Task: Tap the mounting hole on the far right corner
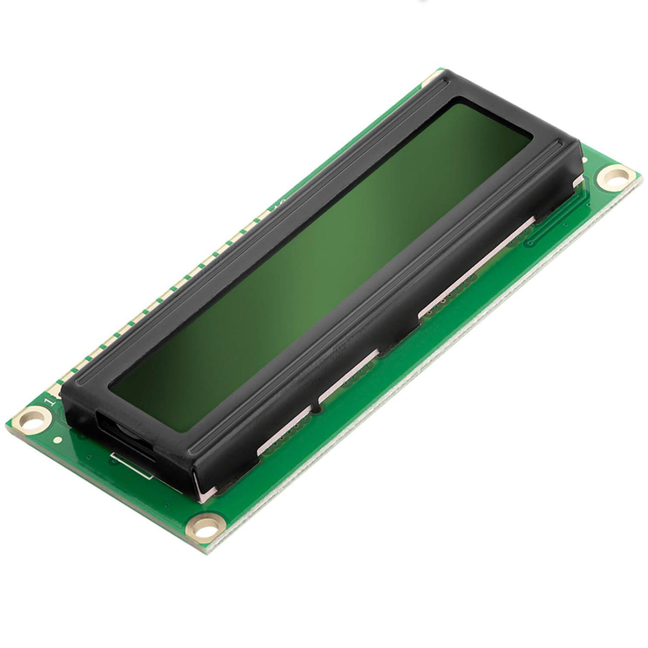tap(615, 177)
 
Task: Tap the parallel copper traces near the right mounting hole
tap(556, 221)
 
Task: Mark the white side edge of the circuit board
tap(432, 378)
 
